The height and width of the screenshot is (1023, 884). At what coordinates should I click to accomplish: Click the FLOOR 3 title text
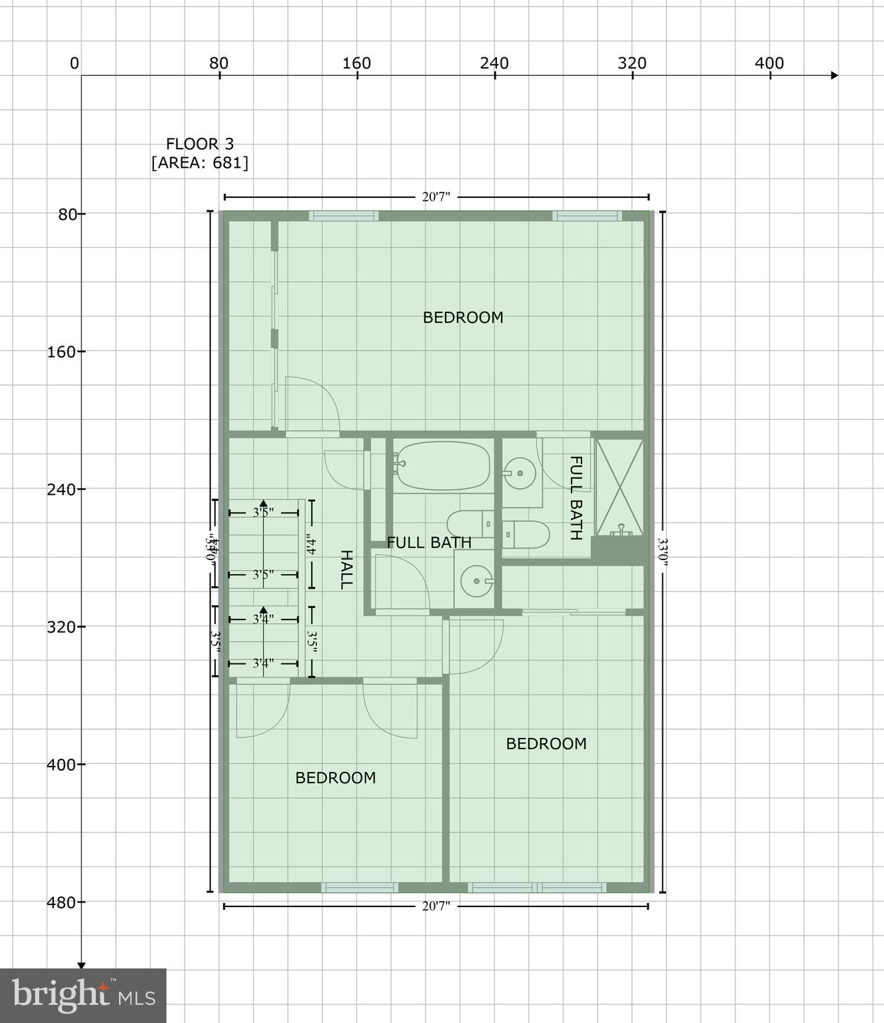click(x=200, y=144)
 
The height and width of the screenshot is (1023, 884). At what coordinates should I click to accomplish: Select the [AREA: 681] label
click(x=200, y=163)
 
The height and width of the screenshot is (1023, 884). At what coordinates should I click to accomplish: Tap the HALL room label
click(x=346, y=569)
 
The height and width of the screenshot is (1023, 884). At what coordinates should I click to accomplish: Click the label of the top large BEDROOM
click(x=463, y=318)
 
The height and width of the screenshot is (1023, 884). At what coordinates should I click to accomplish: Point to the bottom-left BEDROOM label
click(x=336, y=778)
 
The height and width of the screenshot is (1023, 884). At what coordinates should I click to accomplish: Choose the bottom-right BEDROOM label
click(x=546, y=744)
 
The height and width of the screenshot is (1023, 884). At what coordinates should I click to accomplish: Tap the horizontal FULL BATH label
click(x=429, y=543)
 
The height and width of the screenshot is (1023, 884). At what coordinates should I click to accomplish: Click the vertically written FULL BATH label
click(x=576, y=498)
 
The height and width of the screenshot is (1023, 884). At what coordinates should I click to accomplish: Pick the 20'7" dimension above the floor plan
click(x=436, y=197)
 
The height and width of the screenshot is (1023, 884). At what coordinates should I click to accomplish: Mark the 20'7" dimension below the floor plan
click(x=436, y=906)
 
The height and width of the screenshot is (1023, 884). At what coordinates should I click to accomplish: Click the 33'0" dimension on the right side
click(x=662, y=551)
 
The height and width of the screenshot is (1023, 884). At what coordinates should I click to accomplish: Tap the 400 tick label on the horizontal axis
click(x=769, y=63)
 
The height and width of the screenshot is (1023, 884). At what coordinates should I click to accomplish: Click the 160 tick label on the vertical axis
click(x=61, y=352)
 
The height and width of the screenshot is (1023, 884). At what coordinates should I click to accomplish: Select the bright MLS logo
click(x=83, y=995)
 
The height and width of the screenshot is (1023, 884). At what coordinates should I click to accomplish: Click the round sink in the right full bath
click(x=519, y=474)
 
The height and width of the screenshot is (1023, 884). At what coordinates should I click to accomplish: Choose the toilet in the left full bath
click(x=470, y=523)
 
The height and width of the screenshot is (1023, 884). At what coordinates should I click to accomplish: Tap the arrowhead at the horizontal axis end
click(x=834, y=75)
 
